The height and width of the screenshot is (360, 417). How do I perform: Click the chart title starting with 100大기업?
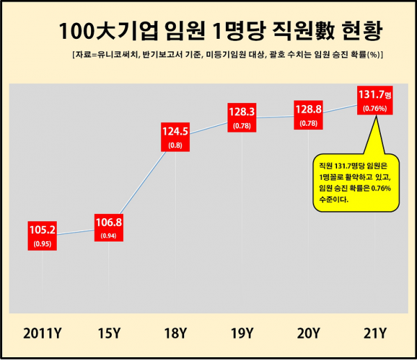click(221, 31)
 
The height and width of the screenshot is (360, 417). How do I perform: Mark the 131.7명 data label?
click(376, 94)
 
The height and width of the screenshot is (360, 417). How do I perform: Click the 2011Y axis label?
click(45, 333)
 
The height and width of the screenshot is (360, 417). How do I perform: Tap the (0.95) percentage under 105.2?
click(43, 243)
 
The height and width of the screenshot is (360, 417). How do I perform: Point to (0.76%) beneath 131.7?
click(376, 108)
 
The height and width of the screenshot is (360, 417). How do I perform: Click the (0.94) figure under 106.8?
click(109, 236)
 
